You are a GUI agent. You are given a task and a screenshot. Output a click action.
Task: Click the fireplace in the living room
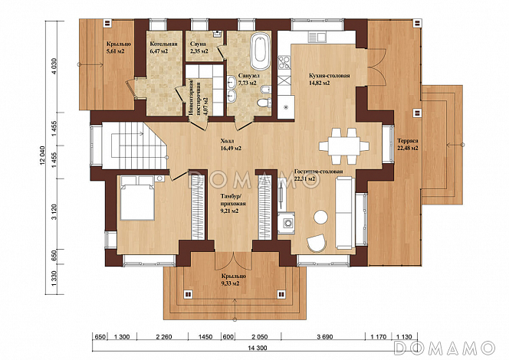click(289, 224)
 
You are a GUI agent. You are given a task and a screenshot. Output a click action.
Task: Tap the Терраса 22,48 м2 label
click(407, 145)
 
